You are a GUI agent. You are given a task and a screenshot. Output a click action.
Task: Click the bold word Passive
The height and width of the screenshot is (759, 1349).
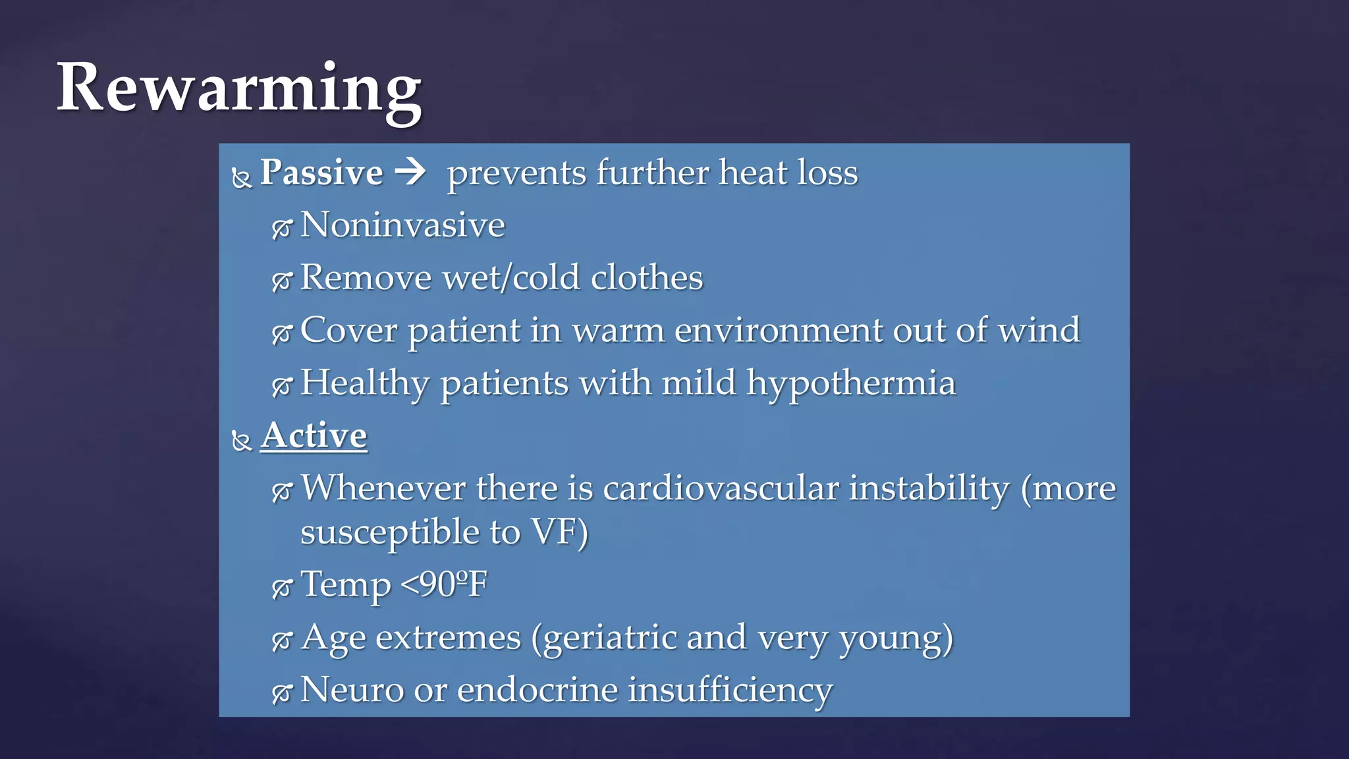[321, 173]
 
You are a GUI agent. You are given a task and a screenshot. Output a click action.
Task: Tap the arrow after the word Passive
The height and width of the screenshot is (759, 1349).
[410, 173]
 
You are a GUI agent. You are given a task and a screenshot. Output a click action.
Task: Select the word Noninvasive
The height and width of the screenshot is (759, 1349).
[402, 225]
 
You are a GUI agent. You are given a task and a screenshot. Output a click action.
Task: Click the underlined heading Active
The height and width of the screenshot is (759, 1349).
[314, 436]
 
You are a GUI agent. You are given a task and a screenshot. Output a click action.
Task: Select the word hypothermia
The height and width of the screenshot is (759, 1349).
[850, 383]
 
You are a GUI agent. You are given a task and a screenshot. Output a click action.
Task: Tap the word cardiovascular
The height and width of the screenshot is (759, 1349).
[721, 489]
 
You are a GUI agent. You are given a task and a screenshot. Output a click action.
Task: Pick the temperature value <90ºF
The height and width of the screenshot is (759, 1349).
[443, 584]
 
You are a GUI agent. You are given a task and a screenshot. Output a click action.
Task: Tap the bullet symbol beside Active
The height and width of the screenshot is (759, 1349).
[242, 441]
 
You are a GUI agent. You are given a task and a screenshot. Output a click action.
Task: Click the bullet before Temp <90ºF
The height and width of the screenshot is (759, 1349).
[281, 588]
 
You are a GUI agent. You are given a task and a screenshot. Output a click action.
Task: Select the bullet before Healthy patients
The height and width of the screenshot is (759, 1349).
[281, 387]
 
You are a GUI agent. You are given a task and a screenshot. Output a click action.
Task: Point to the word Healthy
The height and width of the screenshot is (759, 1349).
[364, 383]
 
